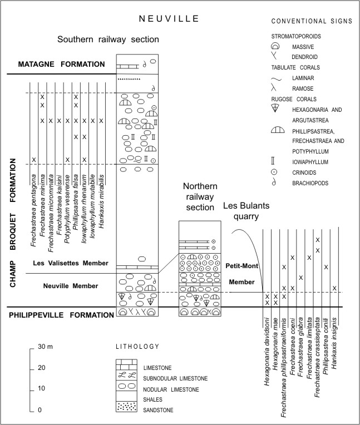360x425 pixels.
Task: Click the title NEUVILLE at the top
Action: coord(169,18)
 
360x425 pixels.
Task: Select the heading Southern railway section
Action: coord(108,39)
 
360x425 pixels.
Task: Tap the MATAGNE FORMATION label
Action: coord(61,64)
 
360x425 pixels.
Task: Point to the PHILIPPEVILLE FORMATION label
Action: coord(61,315)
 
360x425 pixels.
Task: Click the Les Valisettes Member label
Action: coord(71,263)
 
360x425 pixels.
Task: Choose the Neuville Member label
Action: coord(71,286)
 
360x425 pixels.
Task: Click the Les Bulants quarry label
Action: coord(246,211)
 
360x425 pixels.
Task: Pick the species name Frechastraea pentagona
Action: coord(33,210)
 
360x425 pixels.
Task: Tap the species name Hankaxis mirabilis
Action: coord(101,201)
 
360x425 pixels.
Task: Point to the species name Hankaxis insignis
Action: coord(334,343)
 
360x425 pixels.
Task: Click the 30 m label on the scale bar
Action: coord(45,347)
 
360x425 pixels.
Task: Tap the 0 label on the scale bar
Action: coord(40,410)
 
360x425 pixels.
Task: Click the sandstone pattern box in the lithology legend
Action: coord(127,407)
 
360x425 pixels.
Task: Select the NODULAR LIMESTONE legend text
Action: coord(171,389)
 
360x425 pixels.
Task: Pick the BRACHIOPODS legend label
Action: coord(310,183)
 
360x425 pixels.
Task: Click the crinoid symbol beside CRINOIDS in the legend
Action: coord(274,172)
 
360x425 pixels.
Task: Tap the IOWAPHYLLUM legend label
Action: coord(310,162)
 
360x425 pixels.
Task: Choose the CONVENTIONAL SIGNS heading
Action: coord(312,21)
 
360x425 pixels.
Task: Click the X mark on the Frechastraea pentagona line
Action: coord(33,160)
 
